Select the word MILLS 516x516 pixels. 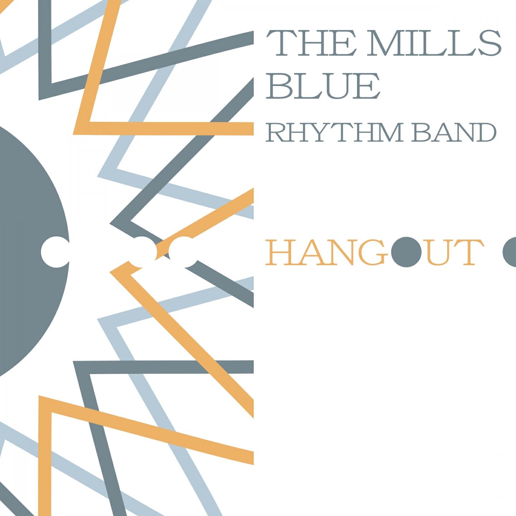tap(434, 43)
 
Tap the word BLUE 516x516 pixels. tap(323, 86)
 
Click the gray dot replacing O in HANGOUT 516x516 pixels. tap(406, 252)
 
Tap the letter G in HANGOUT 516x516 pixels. tap(372, 253)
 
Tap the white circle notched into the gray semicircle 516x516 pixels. tap(56, 252)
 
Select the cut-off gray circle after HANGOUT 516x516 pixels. tap(509, 252)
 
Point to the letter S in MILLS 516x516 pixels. tap(489, 43)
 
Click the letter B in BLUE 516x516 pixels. tap(278, 86)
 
